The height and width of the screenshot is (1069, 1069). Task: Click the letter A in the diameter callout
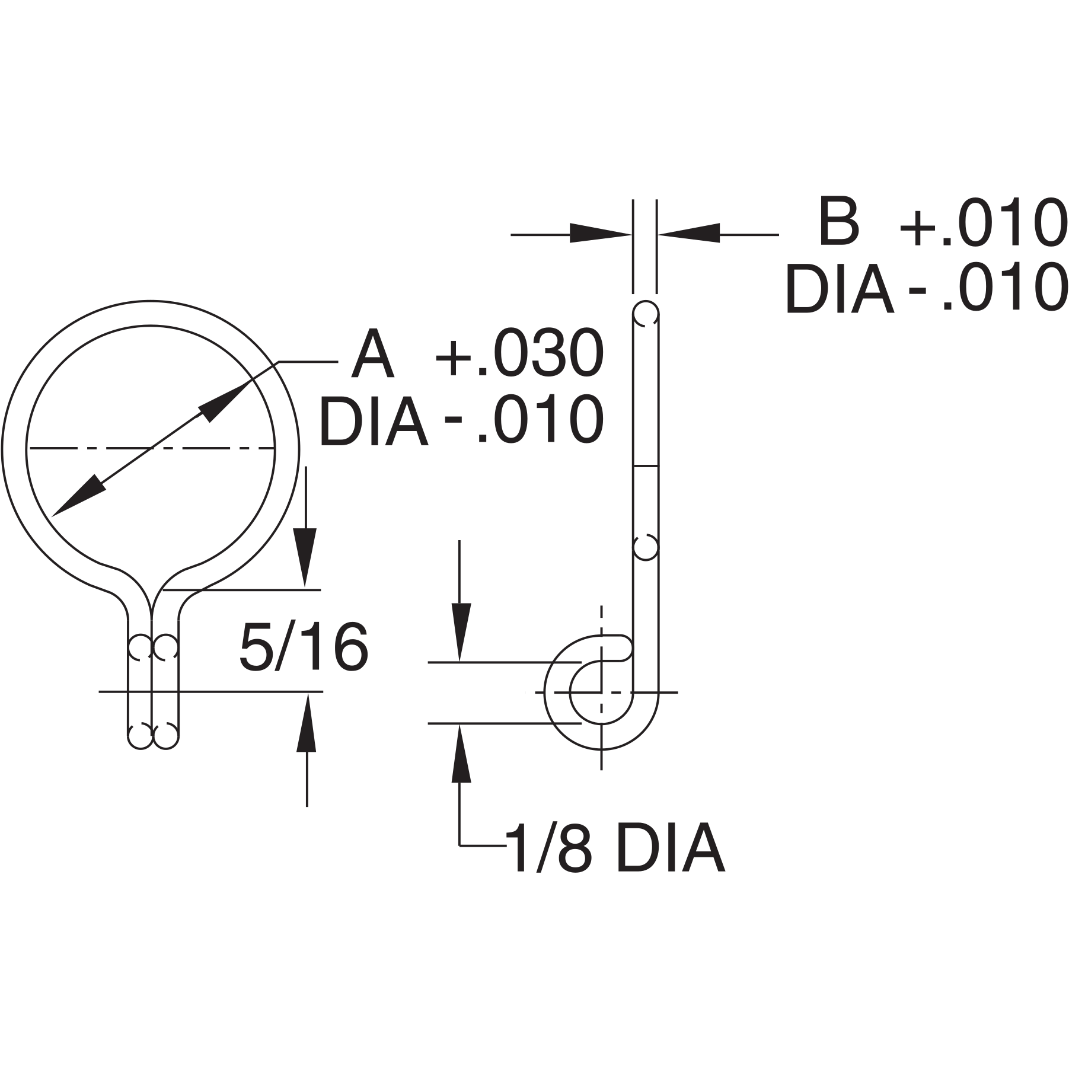(372, 356)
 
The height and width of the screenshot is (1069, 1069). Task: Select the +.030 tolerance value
(519, 355)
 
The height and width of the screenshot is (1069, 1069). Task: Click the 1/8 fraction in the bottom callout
(549, 848)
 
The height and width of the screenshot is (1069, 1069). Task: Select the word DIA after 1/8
(670, 848)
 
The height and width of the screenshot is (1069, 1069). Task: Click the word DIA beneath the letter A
(374, 422)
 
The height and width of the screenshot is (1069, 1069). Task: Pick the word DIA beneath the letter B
(838, 290)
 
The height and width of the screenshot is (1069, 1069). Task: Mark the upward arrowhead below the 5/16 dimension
(306, 723)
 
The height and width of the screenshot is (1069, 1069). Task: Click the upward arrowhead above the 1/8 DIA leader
(461, 754)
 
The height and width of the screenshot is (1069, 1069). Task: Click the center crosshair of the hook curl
(602, 692)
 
